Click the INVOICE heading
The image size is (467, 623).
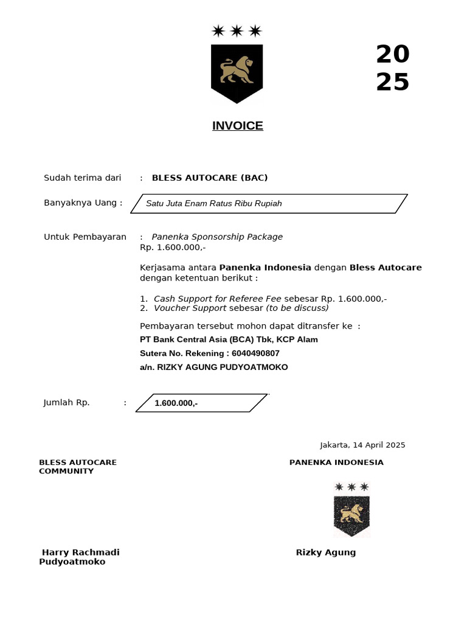pos(237,126)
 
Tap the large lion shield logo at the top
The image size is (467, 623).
pos(237,73)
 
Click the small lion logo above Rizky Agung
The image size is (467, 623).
pos(351,516)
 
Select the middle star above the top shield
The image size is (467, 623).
pos(237,30)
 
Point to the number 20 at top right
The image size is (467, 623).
pos(392,55)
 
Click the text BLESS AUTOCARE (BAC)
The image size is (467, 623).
pos(210,178)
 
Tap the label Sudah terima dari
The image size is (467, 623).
pos(83,178)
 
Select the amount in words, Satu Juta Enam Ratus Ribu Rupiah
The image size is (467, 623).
pos(214,203)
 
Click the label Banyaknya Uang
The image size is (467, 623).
pos(83,203)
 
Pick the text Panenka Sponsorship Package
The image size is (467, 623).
pos(217,237)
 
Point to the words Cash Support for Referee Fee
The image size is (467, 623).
pos(217,299)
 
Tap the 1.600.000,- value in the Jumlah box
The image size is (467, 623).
pos(176,403)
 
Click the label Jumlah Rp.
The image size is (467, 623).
pos(67,402)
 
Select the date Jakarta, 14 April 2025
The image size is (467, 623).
pos(362,445)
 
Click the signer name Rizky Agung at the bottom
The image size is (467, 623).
pos(325,552)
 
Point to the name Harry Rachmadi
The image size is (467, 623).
pos(80,552)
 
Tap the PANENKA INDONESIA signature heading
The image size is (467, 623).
pos(336,462)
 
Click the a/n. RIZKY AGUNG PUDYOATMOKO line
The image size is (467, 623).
pos(214,367)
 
